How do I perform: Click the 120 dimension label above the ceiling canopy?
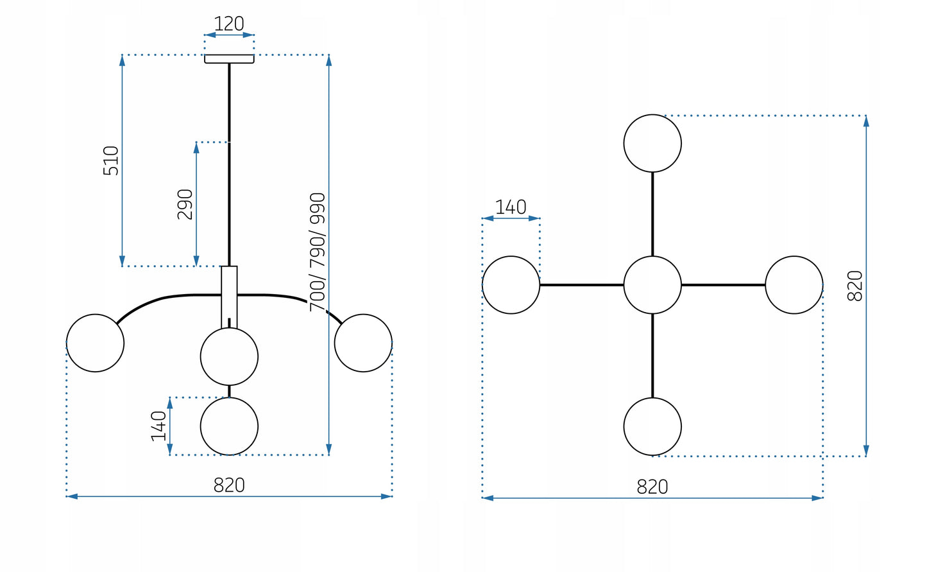tap(229, 24)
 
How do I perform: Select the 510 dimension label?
tap(112, 160)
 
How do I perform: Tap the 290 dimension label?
tap(185, 204)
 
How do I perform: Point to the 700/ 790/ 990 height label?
tap(318, 252)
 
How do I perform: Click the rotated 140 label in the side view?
tap(158, 426)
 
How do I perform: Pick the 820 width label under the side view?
tap(229, 485)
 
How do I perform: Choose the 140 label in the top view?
tap(511, 207)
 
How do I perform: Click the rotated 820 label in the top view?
tap(855, 286)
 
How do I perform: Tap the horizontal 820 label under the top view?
tap(652, 487)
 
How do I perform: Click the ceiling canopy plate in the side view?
tap(229, 59)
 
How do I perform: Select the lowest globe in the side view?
tap(229, 426)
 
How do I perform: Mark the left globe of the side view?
tap(95, 343)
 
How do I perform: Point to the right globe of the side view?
tap(363, 343)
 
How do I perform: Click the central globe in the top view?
tap(652, 285)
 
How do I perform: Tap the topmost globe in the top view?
tap(652, 143)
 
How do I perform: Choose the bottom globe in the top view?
tap(652, 426)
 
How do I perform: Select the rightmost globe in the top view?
tap(794, 285)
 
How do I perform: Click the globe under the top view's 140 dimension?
tap(511, 285)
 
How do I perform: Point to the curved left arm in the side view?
tap(160, 299)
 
